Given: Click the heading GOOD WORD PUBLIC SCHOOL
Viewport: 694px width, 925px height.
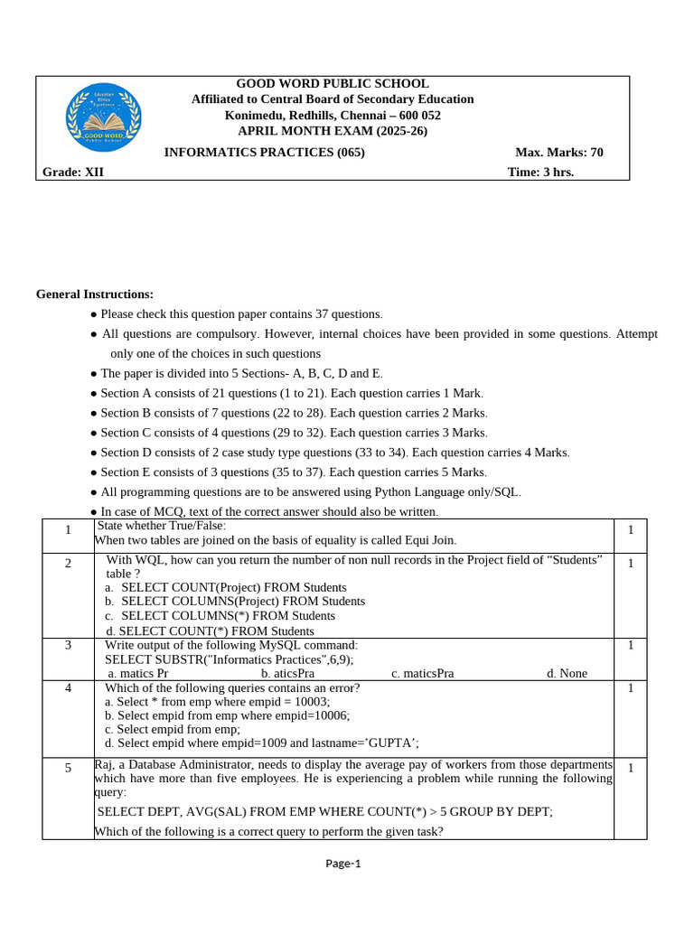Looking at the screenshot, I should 333,84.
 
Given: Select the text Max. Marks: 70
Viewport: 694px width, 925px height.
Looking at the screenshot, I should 558,152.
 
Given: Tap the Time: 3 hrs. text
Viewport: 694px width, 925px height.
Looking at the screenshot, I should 540,173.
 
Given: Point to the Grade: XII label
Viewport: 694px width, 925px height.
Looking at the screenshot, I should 73,173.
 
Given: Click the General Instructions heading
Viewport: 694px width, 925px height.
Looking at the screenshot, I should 95,294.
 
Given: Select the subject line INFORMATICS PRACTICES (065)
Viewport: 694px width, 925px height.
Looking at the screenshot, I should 264,152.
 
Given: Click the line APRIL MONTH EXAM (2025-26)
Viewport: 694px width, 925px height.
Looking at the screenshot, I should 333,131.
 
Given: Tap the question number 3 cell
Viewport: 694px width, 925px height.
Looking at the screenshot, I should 68,645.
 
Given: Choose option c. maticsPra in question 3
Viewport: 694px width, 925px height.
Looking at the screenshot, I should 422,673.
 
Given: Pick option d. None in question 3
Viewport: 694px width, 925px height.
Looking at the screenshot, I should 567,673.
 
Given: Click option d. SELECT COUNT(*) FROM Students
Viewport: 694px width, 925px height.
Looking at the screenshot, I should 210,631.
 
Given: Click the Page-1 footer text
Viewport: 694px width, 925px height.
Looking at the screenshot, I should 343,863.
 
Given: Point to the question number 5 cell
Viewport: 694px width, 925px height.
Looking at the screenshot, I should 68,769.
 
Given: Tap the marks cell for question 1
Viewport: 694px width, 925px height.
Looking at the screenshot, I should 630,529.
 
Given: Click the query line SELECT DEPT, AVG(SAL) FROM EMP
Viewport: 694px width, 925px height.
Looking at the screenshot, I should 324,812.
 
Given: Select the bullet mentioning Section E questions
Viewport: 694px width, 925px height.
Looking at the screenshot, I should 293,472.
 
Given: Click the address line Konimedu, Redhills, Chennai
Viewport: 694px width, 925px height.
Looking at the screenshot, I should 333,116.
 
